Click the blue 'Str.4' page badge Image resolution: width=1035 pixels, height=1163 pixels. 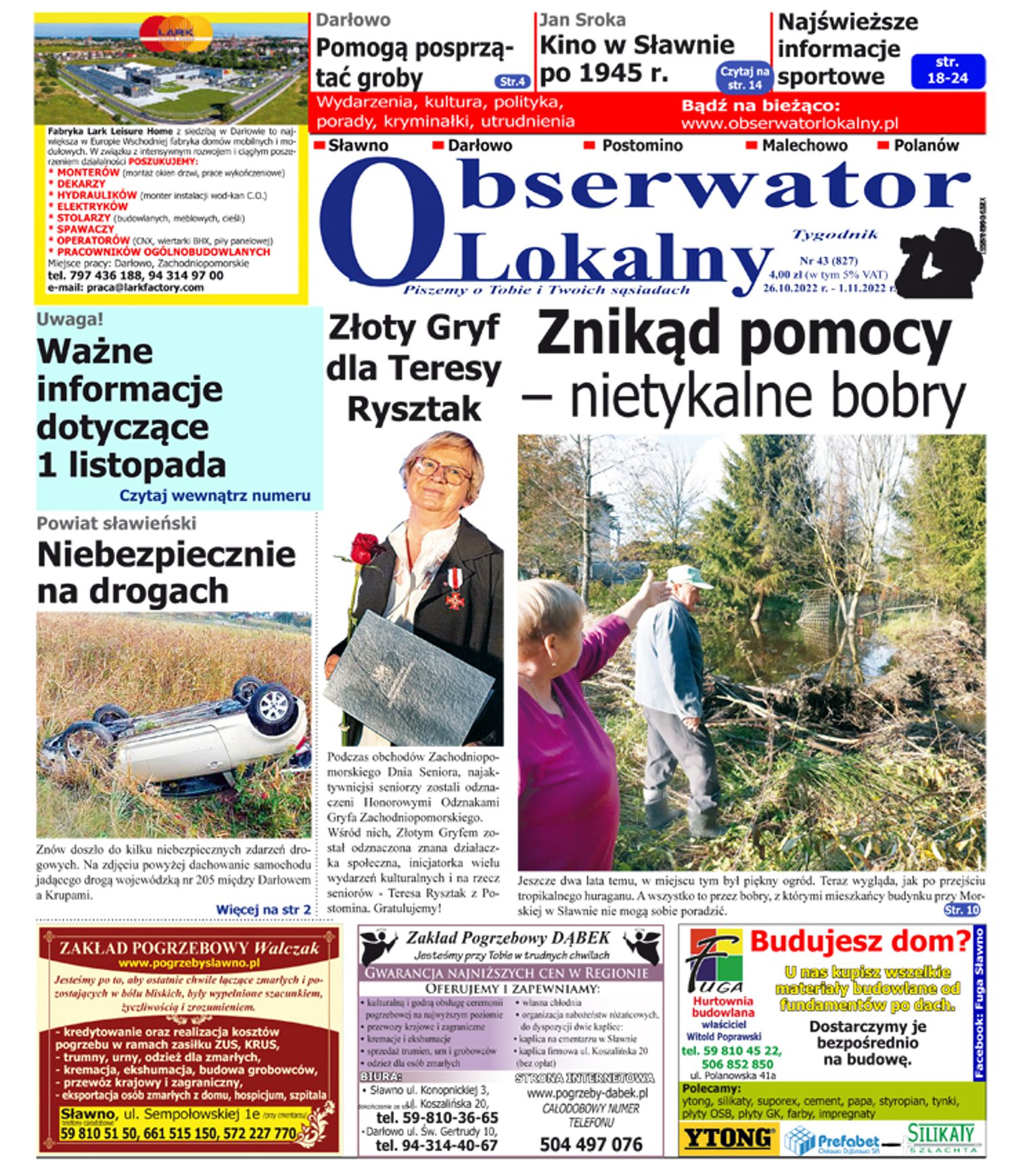512,82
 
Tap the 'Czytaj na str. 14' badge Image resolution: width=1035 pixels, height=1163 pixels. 744,78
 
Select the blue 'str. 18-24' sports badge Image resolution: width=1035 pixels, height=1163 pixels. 948,71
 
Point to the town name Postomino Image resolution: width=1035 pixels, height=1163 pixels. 642,145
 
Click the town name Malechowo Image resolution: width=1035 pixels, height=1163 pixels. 804,145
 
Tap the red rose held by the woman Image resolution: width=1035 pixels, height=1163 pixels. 366,547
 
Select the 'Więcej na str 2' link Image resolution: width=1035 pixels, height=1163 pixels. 263,909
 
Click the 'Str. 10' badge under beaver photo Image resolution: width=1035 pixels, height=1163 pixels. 962,910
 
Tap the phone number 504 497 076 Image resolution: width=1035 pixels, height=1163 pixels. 591,1144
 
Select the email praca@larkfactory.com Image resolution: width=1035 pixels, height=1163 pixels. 125,287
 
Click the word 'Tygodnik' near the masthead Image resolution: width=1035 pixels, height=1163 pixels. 835,235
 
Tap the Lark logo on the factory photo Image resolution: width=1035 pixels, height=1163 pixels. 175,33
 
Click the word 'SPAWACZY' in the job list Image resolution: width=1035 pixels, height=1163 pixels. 85,229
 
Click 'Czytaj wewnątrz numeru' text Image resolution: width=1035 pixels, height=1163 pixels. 214,496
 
